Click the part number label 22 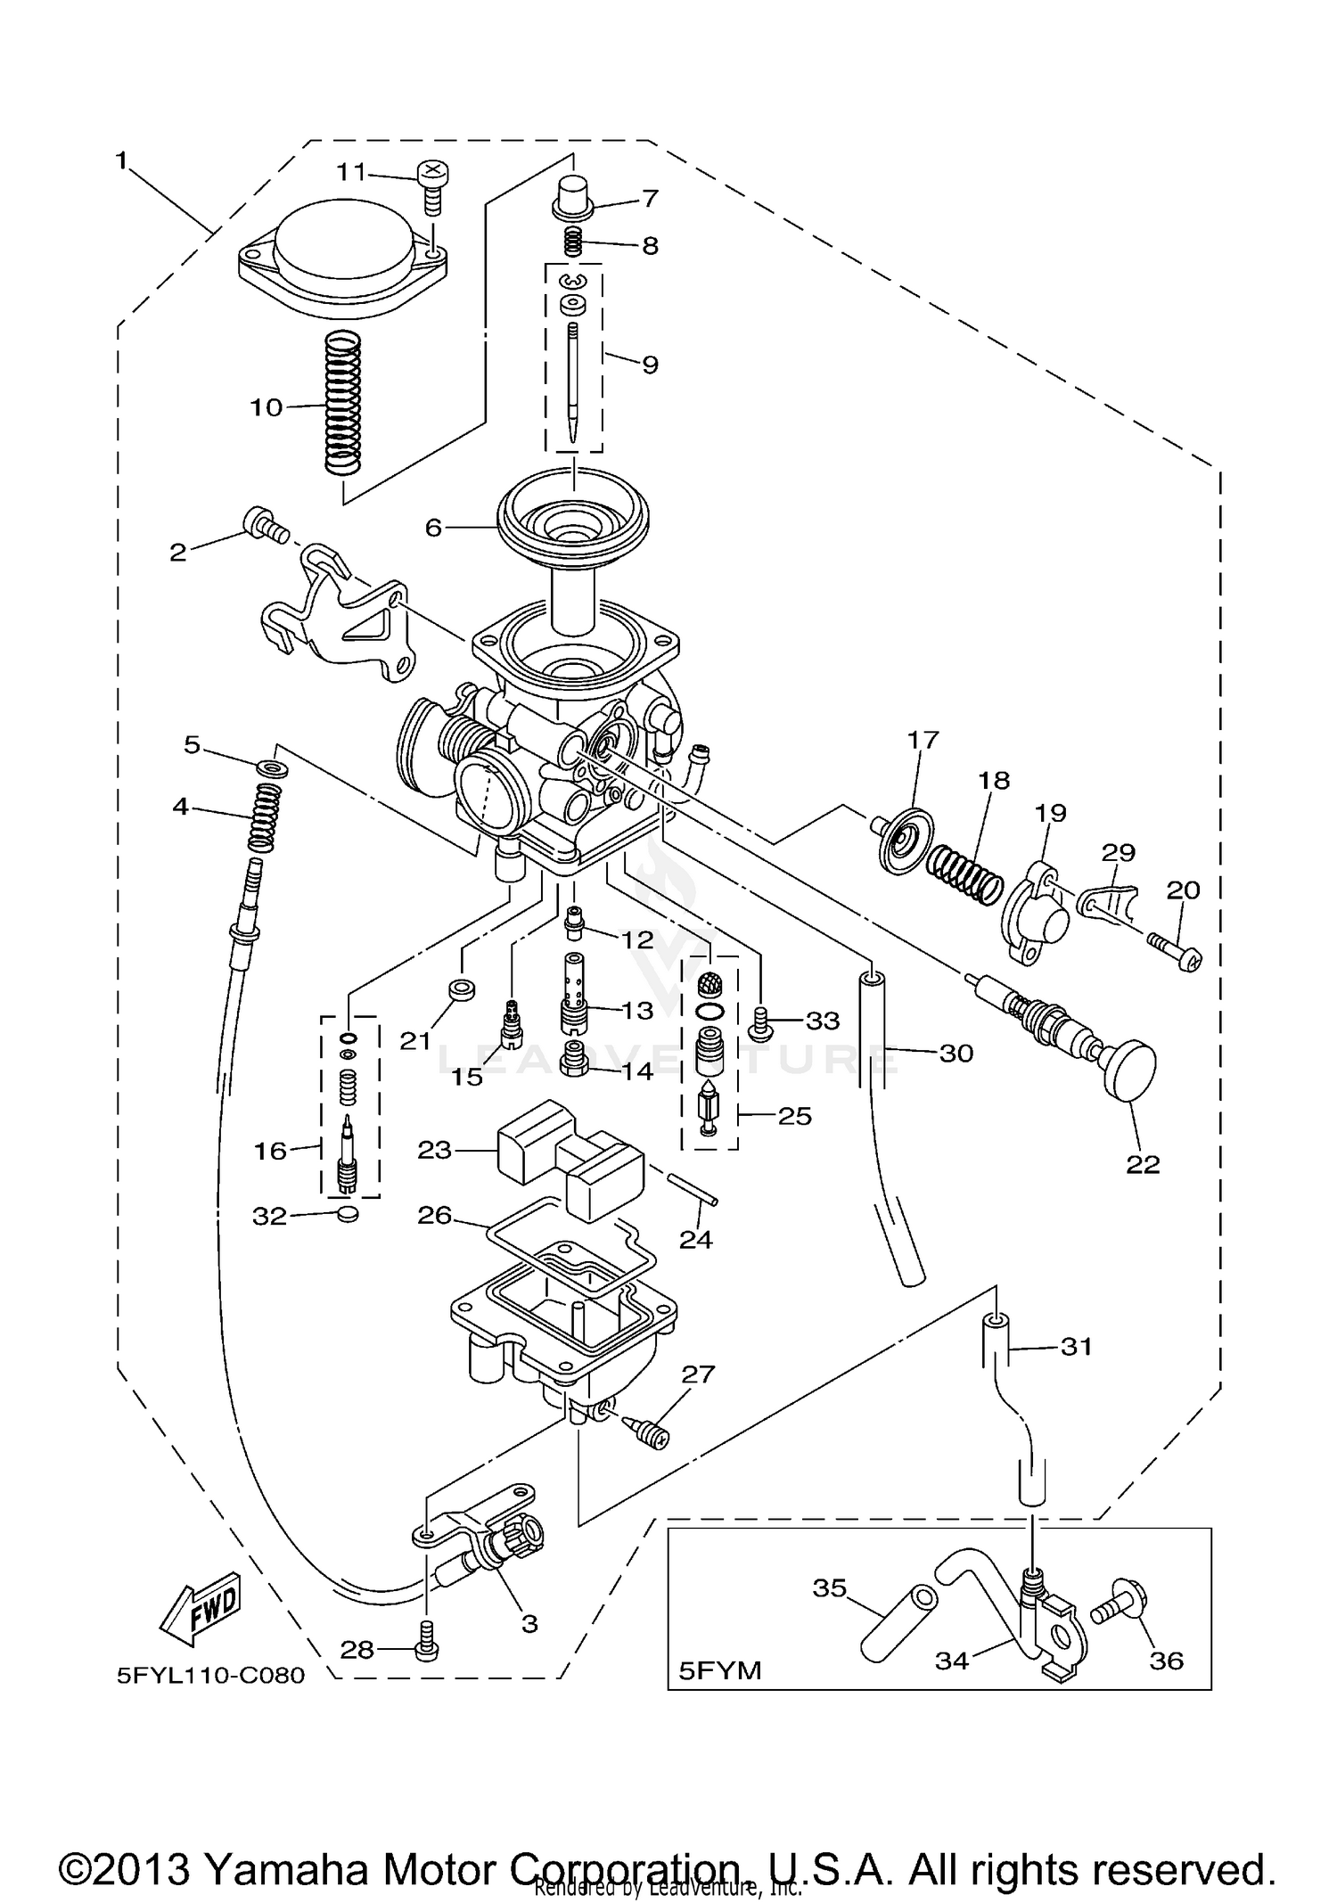1143,1164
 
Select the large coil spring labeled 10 342,402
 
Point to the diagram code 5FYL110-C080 210,1676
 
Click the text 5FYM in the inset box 720,1670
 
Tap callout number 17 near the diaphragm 923,739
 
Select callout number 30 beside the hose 956,1053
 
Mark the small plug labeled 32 349,1214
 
